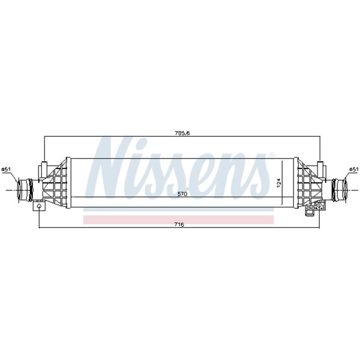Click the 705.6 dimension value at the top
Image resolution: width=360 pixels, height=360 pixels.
182,133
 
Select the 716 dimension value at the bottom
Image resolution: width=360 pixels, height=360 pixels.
179,224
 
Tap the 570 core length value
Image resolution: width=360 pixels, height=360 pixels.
182,194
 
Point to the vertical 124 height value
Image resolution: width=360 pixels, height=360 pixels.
279,183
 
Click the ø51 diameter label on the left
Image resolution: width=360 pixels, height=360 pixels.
6,169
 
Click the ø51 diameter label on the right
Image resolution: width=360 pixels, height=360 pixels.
354,169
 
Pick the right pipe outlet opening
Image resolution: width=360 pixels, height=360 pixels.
344,190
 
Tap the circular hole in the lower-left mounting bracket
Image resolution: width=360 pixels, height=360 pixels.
39,206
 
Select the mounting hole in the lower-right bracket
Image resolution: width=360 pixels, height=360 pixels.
319,206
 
